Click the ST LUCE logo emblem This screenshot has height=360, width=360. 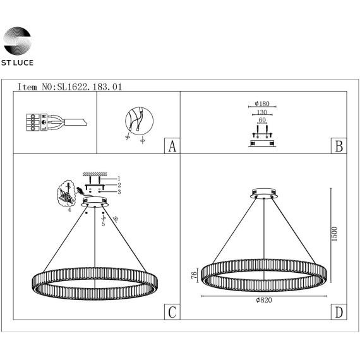coord(17,41)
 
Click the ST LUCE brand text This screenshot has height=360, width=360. coord(17,63)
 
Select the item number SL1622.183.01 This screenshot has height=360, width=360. coord(90,87)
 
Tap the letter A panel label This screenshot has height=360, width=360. coord(172,146)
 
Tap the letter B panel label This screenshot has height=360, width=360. coord(339,146)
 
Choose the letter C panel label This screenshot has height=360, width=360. coord(172,312)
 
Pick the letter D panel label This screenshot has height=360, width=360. coord(339,312)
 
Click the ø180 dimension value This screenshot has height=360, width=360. coord(262,104)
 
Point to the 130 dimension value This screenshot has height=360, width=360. coord(262,112)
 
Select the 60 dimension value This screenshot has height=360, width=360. coord(262,120)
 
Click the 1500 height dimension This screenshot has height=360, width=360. coord(335,234)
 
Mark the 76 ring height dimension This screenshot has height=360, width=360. coord(194,275)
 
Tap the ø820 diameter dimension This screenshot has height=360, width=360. coord(264,300)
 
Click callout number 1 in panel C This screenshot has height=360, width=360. coord(119,178)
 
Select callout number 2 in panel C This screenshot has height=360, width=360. coord(119,185)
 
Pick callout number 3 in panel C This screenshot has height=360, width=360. coord(119,192)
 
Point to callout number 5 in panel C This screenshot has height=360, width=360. coord(104,224)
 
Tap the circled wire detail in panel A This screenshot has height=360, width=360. coord(139,121)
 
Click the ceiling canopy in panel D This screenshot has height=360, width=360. coord(264,193)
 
